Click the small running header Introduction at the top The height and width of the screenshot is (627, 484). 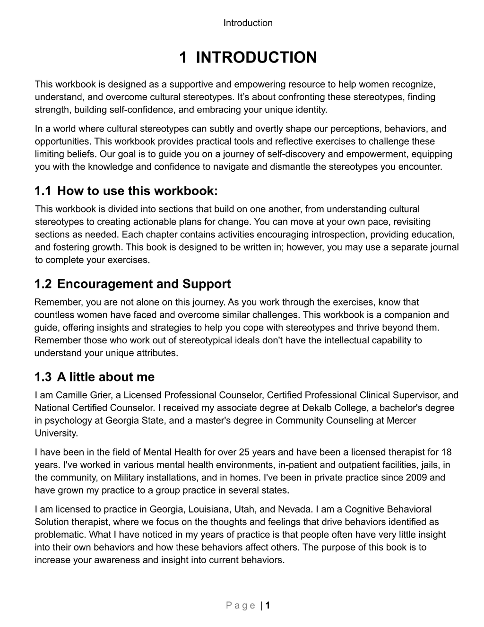click(x=248, y=23)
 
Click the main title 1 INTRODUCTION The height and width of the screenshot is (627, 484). click(x=248, y=58)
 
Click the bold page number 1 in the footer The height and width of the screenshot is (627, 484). click(x=268, y=606)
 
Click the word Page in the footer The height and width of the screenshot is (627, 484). click(x=241, y=606)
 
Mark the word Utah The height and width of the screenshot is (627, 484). click(x=243, y=510)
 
